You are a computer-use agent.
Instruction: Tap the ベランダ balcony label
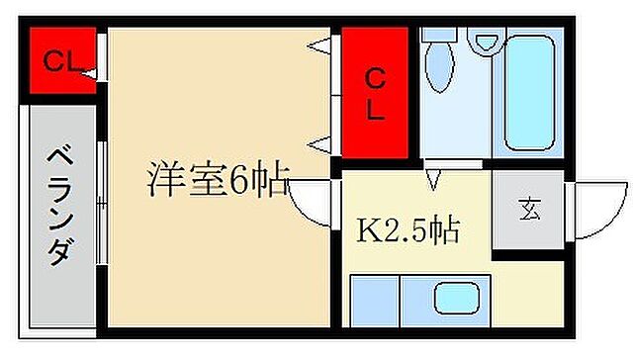(59, 207)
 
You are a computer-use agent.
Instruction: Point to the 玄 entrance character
(529, 209)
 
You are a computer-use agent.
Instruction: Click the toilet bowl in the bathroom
(439, 65)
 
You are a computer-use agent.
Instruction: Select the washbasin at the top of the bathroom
(485, 41)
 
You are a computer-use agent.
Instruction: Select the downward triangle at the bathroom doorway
(432, 179)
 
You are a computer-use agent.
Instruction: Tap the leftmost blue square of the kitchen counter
(374, 300)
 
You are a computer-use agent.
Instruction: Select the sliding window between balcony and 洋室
(103, 203)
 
